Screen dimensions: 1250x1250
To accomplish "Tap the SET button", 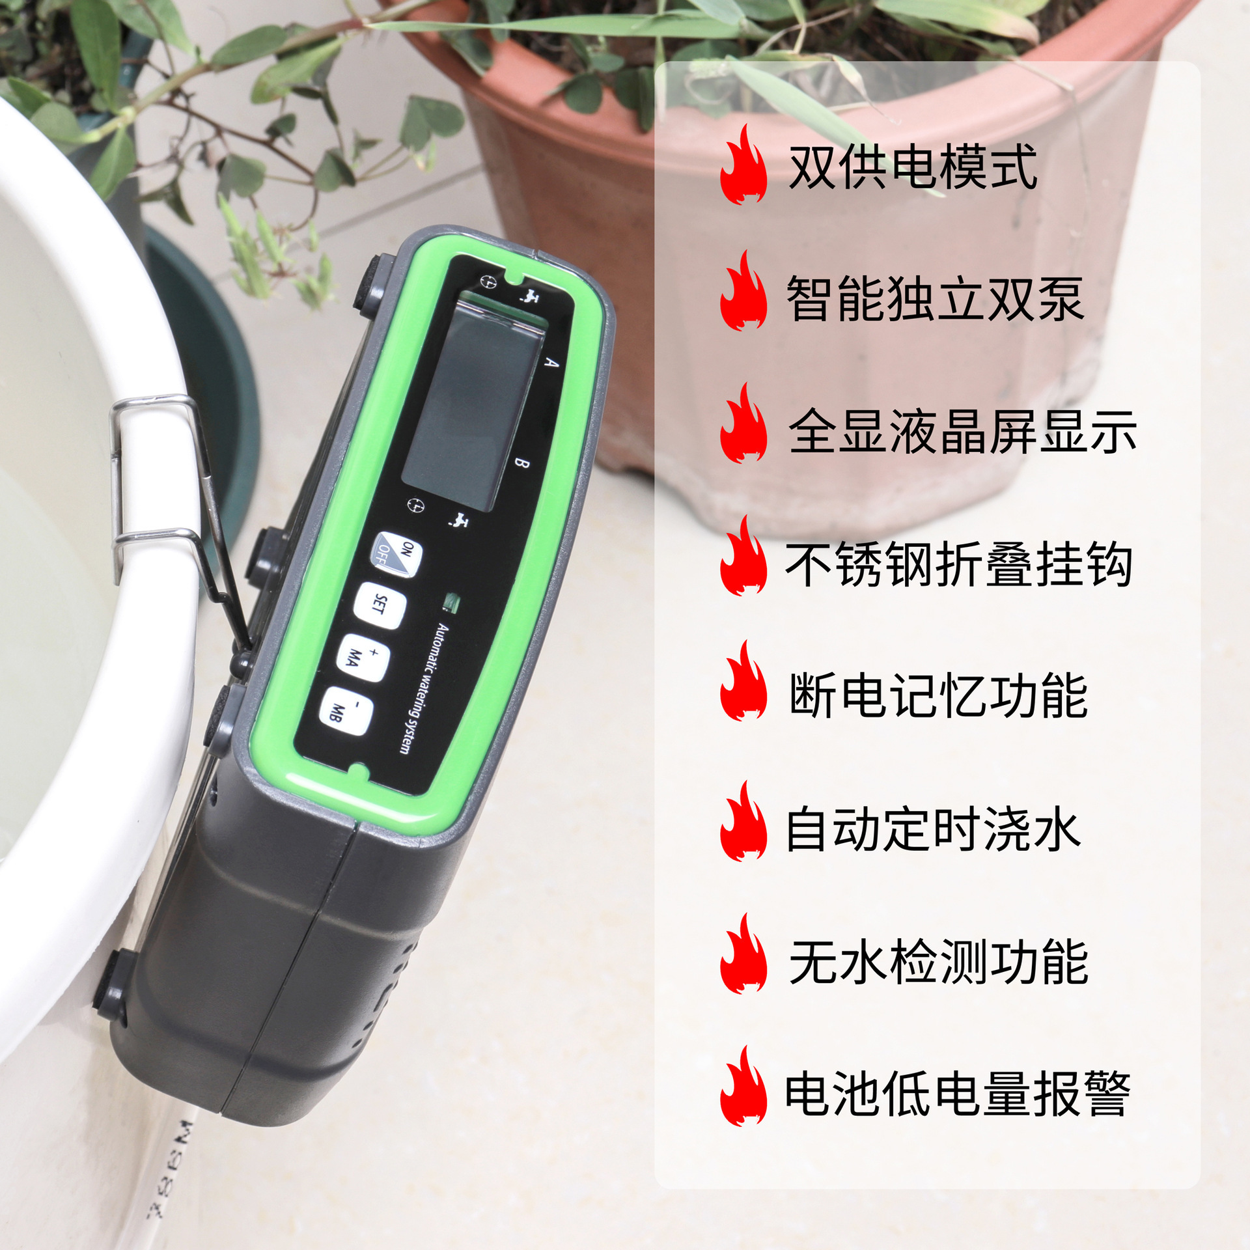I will coord(380,604).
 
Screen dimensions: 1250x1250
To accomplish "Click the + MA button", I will coord(363,657).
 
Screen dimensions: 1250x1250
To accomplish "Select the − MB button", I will coord(346,711).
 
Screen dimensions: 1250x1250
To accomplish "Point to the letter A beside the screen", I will coord(551,362).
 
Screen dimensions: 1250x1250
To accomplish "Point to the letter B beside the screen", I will coord(521,463).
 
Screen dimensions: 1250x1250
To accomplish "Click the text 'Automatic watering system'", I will coord(423,688).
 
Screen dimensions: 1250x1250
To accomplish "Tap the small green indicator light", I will coord(452,603).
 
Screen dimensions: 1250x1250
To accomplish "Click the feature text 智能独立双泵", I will coord(935,299).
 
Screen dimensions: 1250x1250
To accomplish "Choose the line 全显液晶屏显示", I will coord(962,431).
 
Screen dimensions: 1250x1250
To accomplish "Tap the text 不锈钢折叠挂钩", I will coord(959,564).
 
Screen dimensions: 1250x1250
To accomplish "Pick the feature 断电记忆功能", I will coord(938,696).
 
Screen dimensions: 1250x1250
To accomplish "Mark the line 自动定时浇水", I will coord(933,829).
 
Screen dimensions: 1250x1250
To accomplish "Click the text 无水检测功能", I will coord(938,962).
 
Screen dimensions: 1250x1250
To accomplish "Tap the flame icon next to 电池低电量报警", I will coord(743,1094).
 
